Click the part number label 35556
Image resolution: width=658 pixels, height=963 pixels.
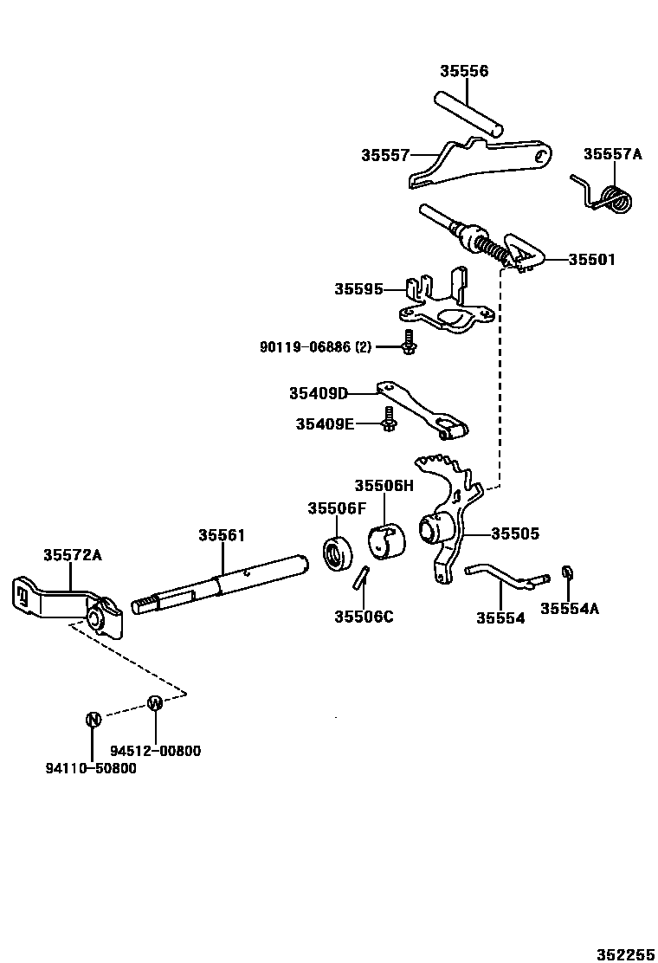pos(463,71)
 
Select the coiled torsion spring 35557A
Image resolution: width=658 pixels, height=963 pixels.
pos(616,198)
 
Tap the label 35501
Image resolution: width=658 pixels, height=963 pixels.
pos(591,260)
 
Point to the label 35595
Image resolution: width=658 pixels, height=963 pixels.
pos(358,289)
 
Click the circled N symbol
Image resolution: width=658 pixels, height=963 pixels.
pos(94,718)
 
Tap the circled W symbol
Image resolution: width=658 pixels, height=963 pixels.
pos(155,702)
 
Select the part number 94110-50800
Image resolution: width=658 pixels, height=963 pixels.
pos(91,768)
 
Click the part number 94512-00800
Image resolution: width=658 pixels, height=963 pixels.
pos(155,751)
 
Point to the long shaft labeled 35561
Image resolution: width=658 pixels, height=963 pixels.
pos(221,585)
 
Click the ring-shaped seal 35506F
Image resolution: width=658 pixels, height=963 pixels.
pos(336,553)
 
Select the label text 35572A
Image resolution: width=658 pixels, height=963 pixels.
pos(73,555)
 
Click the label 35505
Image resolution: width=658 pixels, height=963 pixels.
pos(515,534)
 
